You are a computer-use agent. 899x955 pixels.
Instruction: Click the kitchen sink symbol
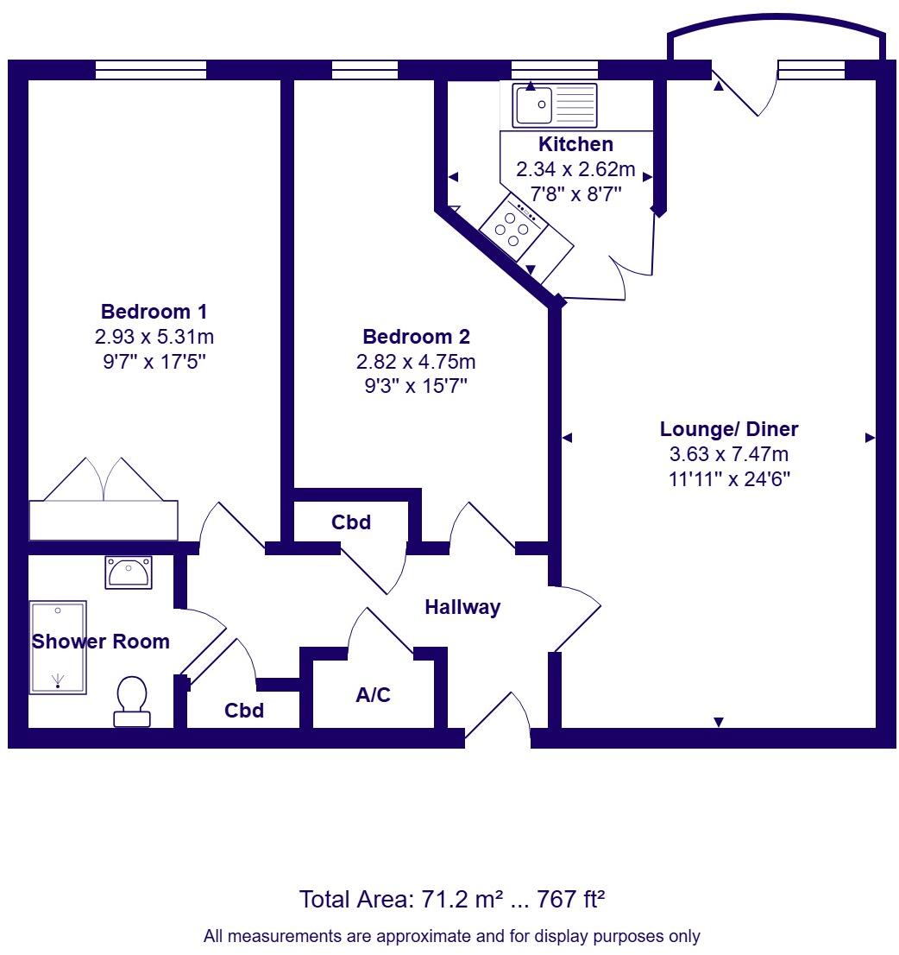point(554,105)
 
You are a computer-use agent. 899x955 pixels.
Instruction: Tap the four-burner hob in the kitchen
point(512,225)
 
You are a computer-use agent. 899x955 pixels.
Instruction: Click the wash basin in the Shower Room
point(129,572)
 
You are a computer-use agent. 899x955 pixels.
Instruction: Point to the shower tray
point(59,647)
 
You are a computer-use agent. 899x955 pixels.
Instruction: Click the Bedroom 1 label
point(154,312)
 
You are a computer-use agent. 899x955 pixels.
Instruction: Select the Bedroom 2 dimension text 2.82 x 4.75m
point(417,362)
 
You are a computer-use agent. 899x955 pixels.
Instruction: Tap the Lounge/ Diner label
point(729,429)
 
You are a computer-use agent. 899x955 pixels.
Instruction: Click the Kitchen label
point(575,144)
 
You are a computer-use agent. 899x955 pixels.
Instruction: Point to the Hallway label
point(462,608)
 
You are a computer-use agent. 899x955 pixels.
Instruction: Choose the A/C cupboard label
point(373,694)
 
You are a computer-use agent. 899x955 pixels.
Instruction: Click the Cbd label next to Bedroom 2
point(351,522)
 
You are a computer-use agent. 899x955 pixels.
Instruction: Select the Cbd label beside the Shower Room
point(244,712)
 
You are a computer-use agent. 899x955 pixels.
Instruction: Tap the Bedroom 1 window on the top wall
point(151,70)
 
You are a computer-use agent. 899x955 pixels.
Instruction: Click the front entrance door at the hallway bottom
point(498,718)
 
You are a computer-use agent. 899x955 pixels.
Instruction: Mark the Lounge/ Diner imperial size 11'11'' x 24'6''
point(729,479)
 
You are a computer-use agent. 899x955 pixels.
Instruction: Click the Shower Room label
point(101,642)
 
